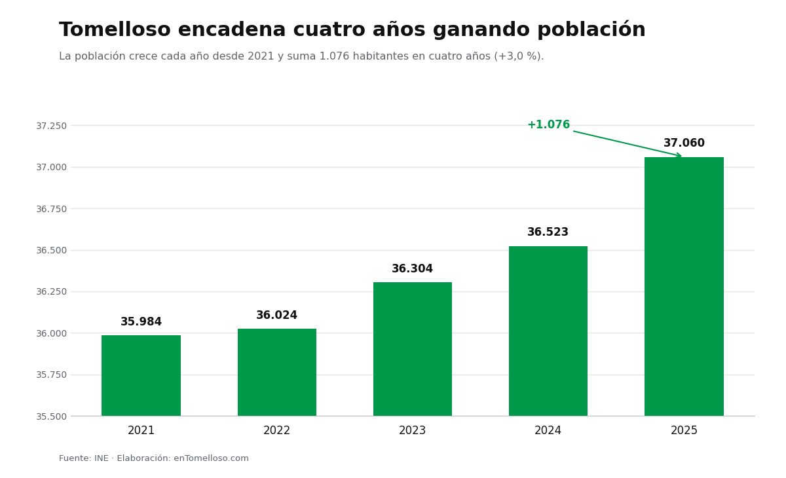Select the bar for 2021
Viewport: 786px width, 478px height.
pos(141,376)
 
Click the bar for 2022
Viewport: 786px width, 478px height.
pos(277,373)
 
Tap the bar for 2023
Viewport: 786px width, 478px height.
pos(412,349)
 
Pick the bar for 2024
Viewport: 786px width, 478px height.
pos(548,331)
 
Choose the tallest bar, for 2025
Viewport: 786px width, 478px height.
pos(684,287)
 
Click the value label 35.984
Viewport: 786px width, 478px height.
pos(141,322)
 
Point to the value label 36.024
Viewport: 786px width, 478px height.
pos(277,315)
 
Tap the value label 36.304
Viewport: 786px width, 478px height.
pos(412,268)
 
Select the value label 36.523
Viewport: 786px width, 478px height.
pos(548,232)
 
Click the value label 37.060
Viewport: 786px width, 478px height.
pos(684,143)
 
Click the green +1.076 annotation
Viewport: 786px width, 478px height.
pos(549,124)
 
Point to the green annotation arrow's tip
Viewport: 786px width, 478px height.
pos(681,156)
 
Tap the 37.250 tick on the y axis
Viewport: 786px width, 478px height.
pos(51,126)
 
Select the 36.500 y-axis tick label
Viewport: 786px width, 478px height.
pos(51,250)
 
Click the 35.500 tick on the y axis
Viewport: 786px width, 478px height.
pos(51,416)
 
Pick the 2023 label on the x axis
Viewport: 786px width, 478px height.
pos(412,430)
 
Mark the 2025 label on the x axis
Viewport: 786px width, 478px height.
pos(684,430)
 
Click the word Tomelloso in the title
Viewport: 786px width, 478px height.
pos(115,29)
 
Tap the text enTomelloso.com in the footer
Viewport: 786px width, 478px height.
pos(211,458)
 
